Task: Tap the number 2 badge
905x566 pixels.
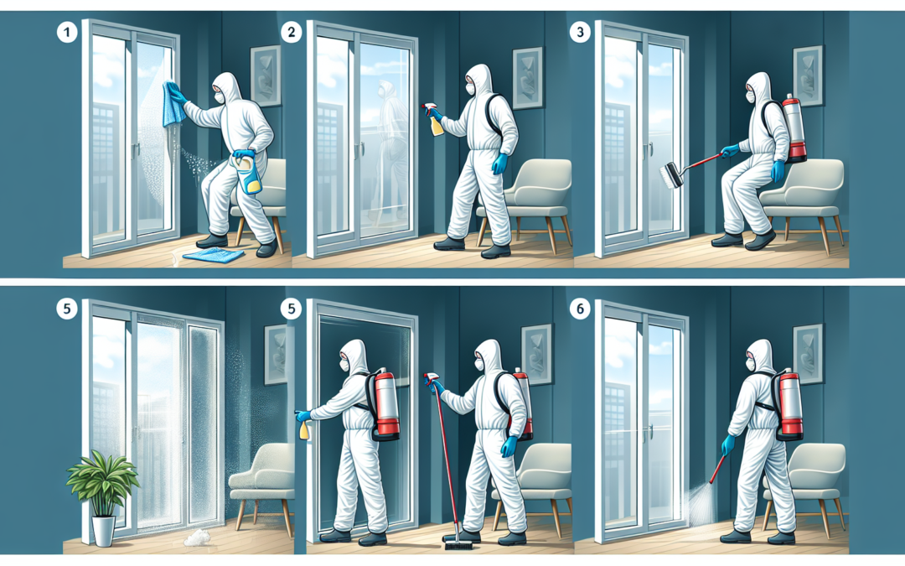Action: click(291, 34)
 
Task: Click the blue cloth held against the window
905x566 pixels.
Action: click(175, 104)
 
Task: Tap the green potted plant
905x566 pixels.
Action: click(102, 483)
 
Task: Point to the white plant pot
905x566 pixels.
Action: click(103, 532)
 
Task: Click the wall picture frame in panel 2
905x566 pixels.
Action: click(528, 78)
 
